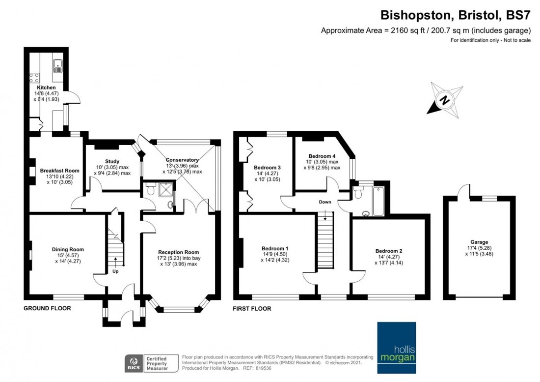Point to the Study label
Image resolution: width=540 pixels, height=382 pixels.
pyautogui.click(x=112, y=161)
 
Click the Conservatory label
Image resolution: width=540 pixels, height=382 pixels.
pyautogui.click(x=182, y=160)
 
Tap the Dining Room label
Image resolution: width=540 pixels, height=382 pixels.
pyautogui.click(x=66, y=249)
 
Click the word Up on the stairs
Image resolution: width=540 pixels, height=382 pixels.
pyautogui.click(x=116, y=271)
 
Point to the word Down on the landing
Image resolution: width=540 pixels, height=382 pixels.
pyautogui.click(x=324, y=202)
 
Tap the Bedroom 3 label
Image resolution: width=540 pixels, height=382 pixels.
pyautogui.click(x=267, y=168)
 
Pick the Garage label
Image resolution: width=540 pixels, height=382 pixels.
pyautogui.click(x=479, y=242)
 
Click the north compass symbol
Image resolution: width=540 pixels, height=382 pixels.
pyautogui.click(x=444, y=100)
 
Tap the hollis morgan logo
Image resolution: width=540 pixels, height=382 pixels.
pyautogui.click(x=396, y=349)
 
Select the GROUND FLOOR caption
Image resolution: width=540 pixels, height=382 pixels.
pyautogui.click(x=47, y=309)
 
